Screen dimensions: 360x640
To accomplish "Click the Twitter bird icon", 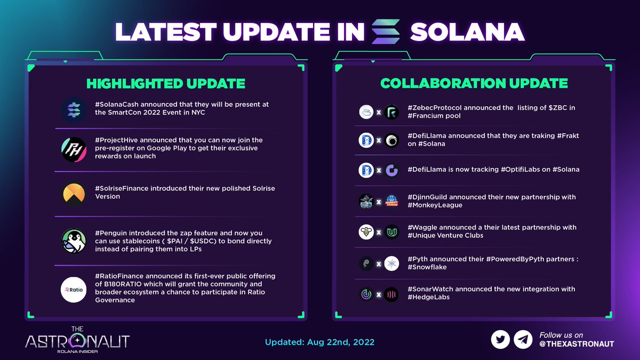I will click(x=500, y=339).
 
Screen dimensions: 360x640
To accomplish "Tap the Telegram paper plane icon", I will click(x=523, y=339).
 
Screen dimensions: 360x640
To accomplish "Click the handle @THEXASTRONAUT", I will click(x=577, y=344).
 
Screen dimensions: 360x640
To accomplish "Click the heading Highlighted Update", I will click(x=166, y=84).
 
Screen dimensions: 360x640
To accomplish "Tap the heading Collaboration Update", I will click(x=474, y=84).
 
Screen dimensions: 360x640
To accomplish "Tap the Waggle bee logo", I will click(x=366, y=232).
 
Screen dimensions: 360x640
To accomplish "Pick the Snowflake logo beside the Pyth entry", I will click(x=391, y=263).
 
